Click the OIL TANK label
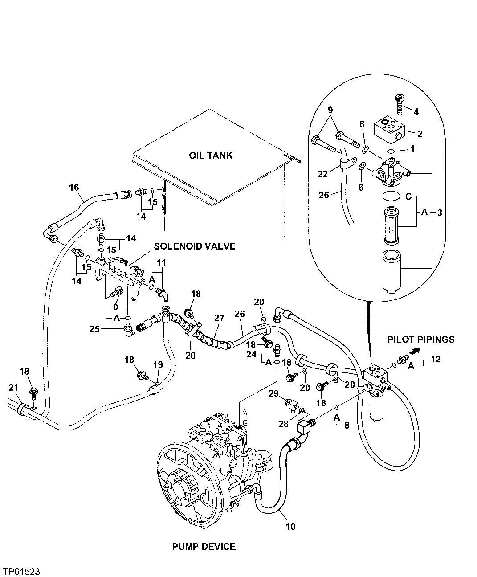(x=211, y=156)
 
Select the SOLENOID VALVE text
(x=195, y=246)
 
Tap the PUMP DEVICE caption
(x=204, y=547)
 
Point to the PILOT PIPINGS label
(x=421, y=339)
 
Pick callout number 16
(x=74, y=187)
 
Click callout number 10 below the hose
(x=290, y=527)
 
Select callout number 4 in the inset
(x=416, y=111)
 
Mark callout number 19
(x=158, y=365)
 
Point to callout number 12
(x=436, y=359)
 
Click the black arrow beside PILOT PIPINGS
(x=414, y=351)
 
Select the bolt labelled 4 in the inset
(x=400, y=105)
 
